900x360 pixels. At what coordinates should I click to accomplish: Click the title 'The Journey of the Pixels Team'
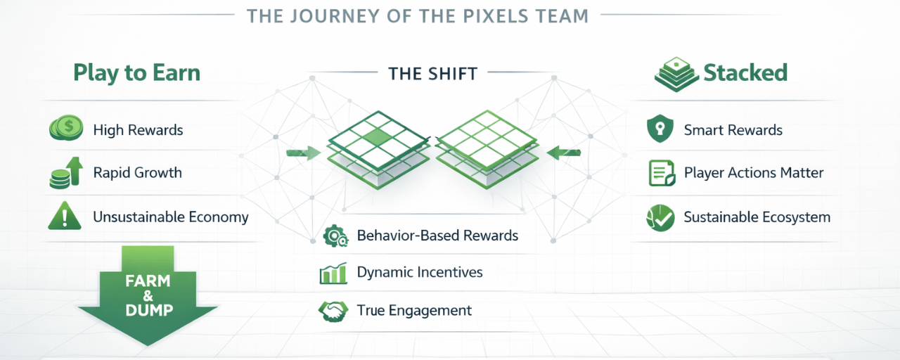coord(418,15)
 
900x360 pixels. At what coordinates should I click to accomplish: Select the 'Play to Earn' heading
coord(136,73)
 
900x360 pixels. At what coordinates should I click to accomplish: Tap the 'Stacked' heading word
coord(745,72)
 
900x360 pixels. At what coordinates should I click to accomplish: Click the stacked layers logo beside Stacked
coord(676,74)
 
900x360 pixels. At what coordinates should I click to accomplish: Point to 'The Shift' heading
coord(432,72)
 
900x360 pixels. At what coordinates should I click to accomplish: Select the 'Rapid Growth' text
coord(137,173)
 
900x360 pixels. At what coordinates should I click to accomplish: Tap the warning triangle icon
coord(65,216)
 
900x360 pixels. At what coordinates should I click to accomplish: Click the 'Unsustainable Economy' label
coord(171,217)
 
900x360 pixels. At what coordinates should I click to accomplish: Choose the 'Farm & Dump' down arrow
coord(148,295)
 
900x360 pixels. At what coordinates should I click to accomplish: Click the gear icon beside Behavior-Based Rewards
coord(335,236)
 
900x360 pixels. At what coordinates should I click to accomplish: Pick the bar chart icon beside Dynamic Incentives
coord(333,273)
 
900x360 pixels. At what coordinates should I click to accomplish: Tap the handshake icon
coord(333,311)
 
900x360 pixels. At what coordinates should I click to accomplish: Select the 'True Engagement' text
coord(414,310)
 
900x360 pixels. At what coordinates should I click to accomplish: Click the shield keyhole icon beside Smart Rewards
coord(660,130)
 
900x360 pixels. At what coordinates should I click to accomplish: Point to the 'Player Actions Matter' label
coord(754,173)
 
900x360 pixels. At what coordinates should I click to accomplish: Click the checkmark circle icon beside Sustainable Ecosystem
coord(660,217)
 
